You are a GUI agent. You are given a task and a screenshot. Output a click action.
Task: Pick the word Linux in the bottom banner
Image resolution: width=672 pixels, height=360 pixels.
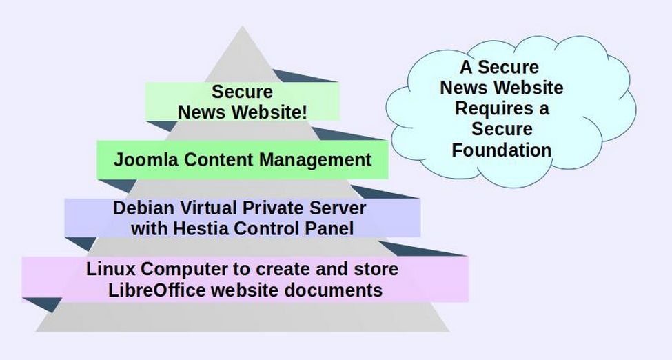pyautogui.click(x=109, y=269)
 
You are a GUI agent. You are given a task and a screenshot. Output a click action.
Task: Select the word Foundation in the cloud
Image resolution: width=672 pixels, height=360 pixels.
pyautogui.click(x=502, y=150)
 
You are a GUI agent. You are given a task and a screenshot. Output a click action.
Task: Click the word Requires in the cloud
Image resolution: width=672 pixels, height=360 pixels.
pyautogui.click(x=487, y=108)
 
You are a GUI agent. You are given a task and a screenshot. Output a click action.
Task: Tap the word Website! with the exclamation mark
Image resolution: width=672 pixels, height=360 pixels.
pyautogui.click(x=269, y=112)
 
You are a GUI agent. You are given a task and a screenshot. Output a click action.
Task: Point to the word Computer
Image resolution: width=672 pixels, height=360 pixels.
pyautogui.click(x=174, y=269)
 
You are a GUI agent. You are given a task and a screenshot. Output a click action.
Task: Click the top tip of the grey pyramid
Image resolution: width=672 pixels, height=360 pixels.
pyautogui.click(x=243, y=28)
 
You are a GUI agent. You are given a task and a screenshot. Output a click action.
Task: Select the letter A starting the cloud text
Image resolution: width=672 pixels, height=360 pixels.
pyautogui.click(x=467, y=68)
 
